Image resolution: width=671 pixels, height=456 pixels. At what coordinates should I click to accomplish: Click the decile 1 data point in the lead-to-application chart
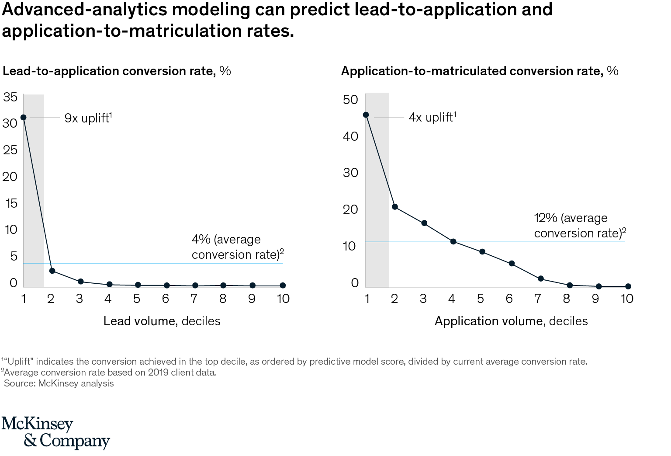click(24, 117)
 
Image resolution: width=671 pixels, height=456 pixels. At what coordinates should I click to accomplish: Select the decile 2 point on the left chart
click(52, 271)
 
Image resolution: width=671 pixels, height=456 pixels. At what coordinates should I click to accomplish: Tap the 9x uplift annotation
click(88, 118)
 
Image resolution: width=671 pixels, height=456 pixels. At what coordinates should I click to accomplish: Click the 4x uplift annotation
click(432, 117)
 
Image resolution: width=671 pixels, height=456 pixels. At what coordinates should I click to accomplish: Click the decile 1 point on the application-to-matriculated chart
click(366, 115)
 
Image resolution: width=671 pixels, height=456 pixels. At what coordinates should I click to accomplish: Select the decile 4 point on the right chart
click(453, 241)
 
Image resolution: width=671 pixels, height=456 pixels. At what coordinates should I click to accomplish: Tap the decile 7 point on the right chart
click(540, 278)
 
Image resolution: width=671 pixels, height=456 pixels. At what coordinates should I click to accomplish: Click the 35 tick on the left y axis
click(10, 97)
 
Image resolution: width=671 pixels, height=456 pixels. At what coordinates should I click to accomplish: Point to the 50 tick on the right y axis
click(350, 100)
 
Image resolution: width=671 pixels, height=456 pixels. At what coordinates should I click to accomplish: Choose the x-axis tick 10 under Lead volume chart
click(283, 299)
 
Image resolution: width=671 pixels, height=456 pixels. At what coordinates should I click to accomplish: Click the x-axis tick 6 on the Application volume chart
click(509, 299)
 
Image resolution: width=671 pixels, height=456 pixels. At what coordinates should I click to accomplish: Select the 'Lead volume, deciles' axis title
click(162, 321)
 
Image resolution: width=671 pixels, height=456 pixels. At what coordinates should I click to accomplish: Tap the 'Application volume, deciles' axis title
click(511, 321)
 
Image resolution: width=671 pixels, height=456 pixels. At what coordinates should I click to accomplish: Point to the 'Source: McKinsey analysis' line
click(59, 383)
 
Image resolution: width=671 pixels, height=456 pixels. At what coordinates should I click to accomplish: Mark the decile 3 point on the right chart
click(424, 223)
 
